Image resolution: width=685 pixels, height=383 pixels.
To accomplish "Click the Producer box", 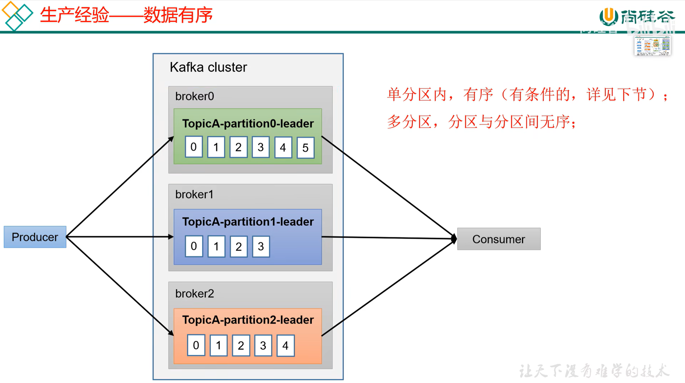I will pos(35,237).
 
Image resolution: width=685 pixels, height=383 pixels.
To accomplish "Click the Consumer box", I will pos(499,239).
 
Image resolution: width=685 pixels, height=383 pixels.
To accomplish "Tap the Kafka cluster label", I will pos(208,67).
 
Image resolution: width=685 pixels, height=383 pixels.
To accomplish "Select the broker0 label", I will pos(194,96).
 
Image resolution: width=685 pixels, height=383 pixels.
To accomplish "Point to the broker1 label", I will pos(194,195).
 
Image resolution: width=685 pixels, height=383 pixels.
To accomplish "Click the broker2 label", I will pos(194,294).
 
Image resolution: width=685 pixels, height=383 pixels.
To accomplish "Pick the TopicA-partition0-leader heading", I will pos(248,124).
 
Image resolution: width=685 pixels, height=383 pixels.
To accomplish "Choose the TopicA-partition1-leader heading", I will pos(248,222).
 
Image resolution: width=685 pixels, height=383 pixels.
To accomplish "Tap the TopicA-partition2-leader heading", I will pos(248,320).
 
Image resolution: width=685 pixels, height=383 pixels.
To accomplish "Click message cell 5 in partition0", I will pos(305,148).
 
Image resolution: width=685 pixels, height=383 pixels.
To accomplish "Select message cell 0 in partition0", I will pos(194,147).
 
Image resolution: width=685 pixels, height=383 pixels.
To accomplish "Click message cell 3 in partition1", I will pos(261,246).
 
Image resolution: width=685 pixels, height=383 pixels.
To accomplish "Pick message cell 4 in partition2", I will pos(285,345).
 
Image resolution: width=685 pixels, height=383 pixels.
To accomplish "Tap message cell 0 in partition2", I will pos(196,345).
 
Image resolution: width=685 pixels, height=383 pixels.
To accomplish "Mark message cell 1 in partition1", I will pos(216,246).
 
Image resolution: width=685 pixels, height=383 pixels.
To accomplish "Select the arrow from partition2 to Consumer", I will pos(387,288).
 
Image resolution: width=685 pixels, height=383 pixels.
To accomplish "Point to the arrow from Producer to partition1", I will pos(119,237).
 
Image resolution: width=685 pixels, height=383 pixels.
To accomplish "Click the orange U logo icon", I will pos(609,16).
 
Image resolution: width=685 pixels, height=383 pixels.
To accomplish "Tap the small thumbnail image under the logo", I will pos(652,46).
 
